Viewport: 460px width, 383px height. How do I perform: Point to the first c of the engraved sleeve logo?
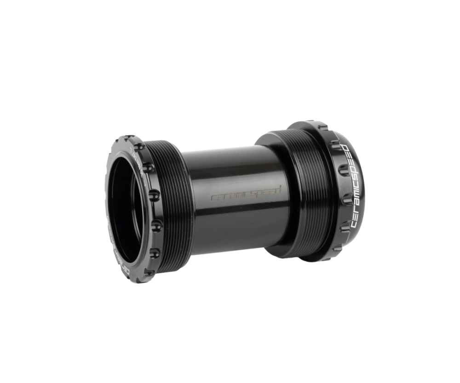coord(213,198)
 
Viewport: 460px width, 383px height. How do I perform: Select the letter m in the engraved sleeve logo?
coord(230,197)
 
